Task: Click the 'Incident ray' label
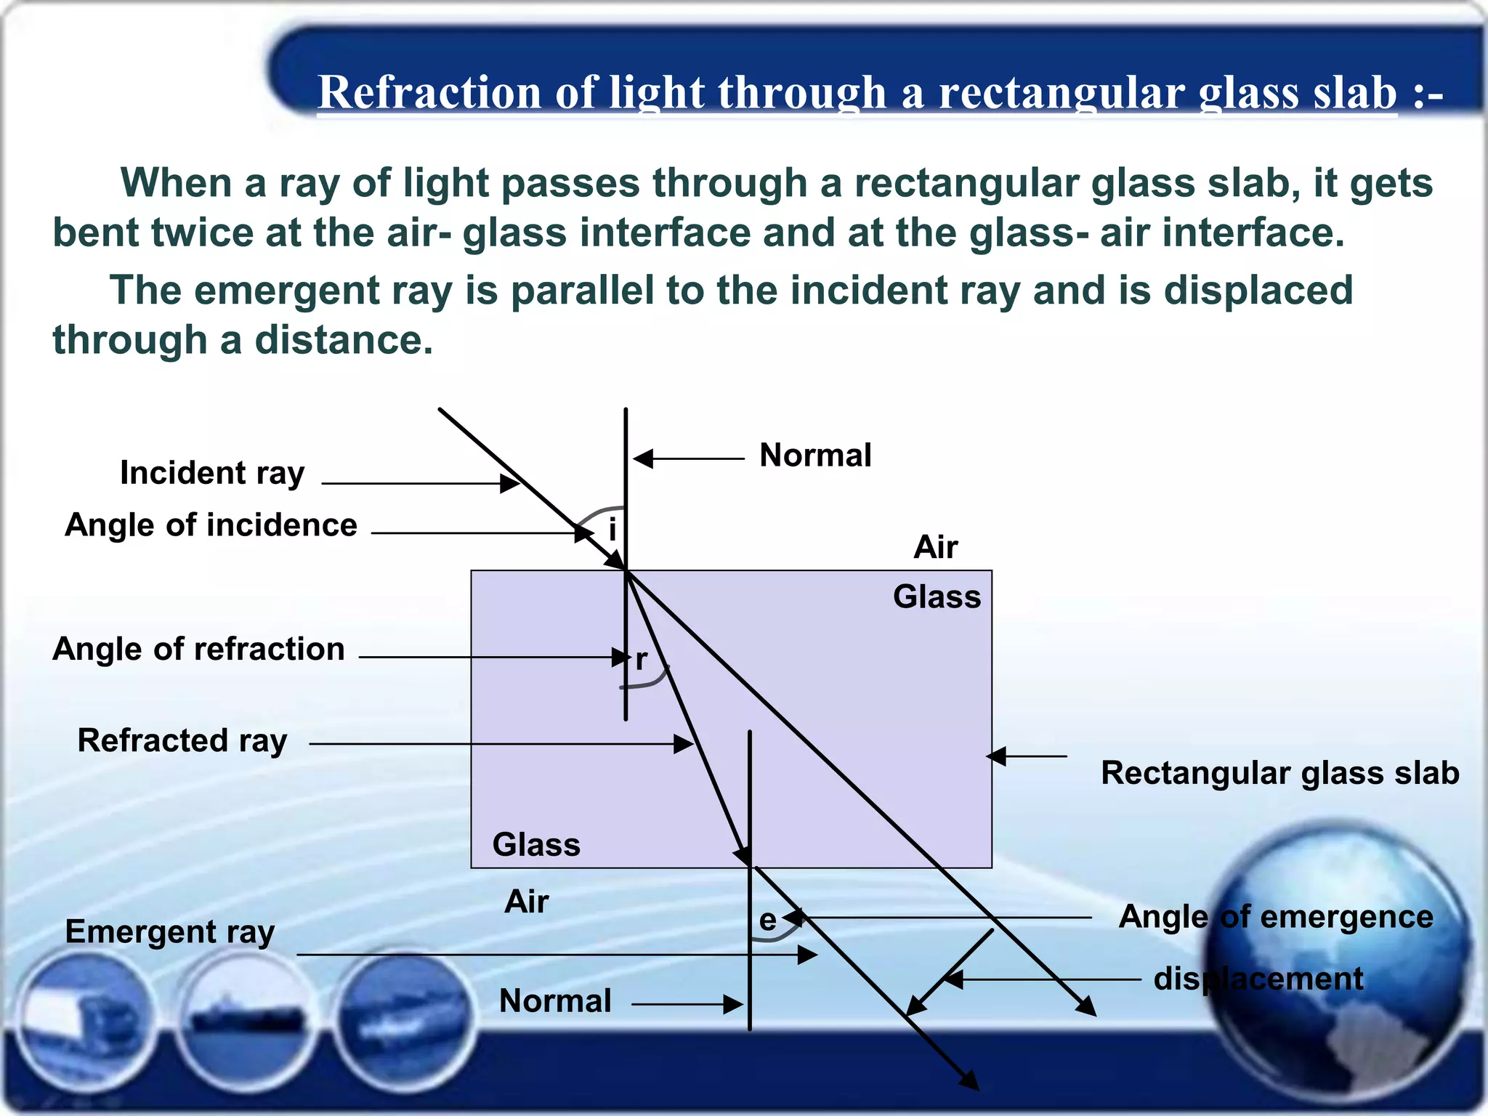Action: click(211, 473)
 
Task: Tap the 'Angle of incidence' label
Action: click(211, 525)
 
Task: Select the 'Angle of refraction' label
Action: click(198, 649)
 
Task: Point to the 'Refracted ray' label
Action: click(182, 741)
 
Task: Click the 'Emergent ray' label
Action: click(170, 932)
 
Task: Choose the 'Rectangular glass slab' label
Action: click(1279, 773)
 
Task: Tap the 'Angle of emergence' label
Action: click(1275, 917)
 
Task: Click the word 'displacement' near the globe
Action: click(1258, 979)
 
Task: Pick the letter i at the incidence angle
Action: click(612, 529)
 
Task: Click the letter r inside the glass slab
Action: click(641, 660)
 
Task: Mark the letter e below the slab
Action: click(767, 921)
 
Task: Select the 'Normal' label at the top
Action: click(815, 456)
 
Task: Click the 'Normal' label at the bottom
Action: click(555, 1001)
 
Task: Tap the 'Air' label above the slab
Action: click(935, 547)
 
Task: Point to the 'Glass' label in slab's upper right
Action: click(937, 597)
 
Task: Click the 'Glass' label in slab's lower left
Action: click(536, 845)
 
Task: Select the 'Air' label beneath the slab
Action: click(526, 902)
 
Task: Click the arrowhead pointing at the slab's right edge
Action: click(996, 756)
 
